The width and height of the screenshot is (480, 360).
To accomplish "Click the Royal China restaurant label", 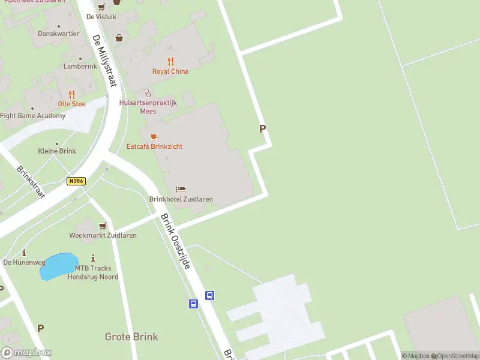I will click(170, 71).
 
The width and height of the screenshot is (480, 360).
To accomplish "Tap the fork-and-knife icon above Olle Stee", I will click(71, 94).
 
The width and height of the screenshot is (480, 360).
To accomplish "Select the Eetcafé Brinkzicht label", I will click(154, 146).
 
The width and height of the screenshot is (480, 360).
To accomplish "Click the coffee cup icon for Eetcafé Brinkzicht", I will click(154, 137).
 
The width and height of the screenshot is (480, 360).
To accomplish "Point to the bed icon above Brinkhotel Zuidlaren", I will click(181, 190).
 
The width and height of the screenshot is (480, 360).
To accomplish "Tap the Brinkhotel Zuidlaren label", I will click(181, 199).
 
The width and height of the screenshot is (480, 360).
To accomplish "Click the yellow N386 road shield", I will click(76, 181).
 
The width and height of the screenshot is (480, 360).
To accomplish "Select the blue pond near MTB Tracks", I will click(55, 267).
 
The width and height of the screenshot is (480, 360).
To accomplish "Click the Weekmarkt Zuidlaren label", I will click(103, 235).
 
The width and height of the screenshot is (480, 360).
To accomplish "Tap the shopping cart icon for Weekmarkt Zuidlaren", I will click(103, 226).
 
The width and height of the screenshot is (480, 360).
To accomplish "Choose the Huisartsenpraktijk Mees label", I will click(148, 107).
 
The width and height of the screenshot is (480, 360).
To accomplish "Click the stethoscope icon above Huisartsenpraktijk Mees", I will click(148, 93).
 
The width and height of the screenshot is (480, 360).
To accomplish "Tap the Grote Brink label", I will click(131, 337).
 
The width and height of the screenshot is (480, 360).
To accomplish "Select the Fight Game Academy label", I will click(32, 116).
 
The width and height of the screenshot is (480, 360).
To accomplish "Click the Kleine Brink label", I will click(57, 151).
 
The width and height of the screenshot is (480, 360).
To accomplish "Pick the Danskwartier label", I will click(58, 34).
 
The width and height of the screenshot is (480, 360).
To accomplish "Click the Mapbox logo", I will click(26, 353).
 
